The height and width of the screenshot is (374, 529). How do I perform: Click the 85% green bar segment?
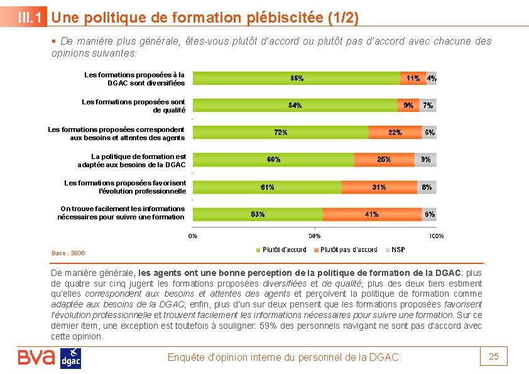(296, 79)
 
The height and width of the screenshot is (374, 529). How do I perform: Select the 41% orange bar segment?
(371, 214)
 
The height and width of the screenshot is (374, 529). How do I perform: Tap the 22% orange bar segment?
(395, 133)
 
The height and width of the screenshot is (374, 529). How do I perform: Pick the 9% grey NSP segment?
(426, 160)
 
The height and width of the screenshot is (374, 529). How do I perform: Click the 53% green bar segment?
(258, 214)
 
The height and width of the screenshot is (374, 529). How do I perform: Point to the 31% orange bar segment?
(379, 187)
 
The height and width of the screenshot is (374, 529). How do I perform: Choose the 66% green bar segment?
(273, 160)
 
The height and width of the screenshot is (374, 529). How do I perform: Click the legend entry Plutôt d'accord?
(281, 250)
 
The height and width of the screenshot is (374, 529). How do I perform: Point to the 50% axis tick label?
(314, 236)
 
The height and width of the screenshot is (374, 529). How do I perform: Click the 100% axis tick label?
(436, 236)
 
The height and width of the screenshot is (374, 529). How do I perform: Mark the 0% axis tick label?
(193, 236)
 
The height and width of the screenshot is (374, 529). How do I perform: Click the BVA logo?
(36, 357)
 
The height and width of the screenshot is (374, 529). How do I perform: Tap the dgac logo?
(70, 358)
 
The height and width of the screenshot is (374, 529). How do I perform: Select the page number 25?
(494, 356)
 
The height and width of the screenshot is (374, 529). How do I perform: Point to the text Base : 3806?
(68, 253)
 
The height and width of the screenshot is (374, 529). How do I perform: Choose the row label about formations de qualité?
(134, 106)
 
